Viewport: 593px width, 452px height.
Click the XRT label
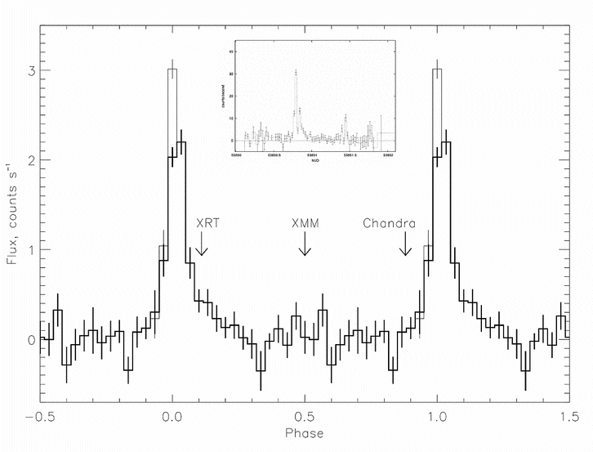tap(207, 222)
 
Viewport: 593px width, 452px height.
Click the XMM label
tap(305, 222)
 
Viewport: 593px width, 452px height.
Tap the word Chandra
tap(390, 222)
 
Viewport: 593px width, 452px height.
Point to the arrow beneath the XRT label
tap(201, 245)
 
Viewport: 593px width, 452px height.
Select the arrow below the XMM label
tap(305, 245)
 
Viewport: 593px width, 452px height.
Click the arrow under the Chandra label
tap(405, 245)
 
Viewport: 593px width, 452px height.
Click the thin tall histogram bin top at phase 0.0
tap(172, 69)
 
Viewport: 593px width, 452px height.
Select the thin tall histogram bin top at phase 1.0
tap(438, 69)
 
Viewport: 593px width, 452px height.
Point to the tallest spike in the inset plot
tap(296, 71)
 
